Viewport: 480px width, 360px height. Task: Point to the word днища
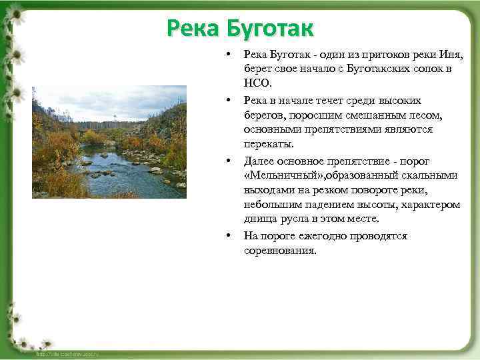[261, 219]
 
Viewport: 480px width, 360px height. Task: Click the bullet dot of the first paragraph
[228, 55]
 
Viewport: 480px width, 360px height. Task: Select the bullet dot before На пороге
[228, 236]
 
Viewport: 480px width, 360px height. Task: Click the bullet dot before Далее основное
[228, 161]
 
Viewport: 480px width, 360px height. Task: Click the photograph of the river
[109, 142]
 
